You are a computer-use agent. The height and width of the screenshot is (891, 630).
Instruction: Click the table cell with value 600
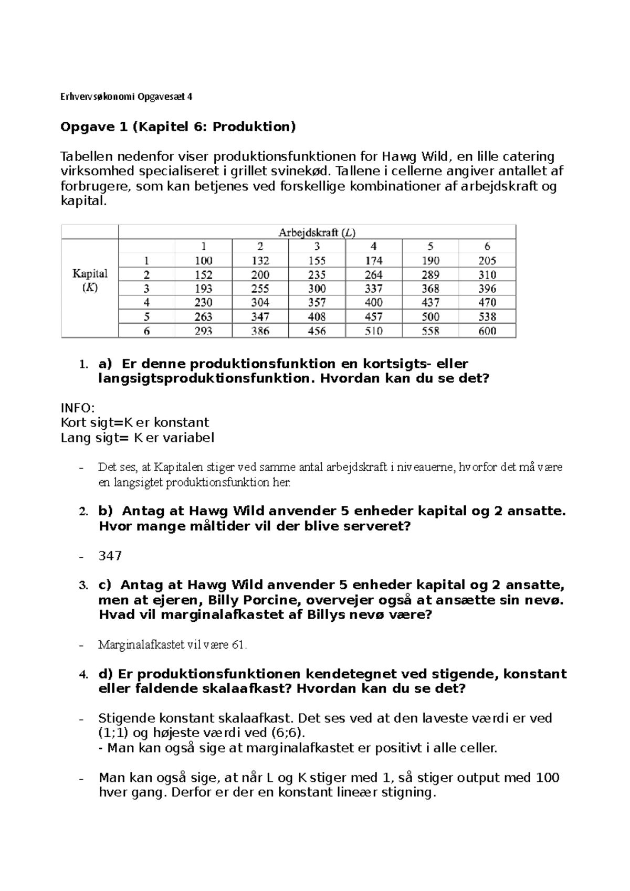(x=487, y=331)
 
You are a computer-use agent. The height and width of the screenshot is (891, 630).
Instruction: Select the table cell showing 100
(x=203, y=261)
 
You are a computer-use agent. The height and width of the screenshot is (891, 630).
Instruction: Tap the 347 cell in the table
(x=260, y=317)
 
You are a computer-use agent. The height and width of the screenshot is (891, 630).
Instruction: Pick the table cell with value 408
(x=317, y=317)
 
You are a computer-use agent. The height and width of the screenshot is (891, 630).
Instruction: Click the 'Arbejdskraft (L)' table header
(x=317, y=232)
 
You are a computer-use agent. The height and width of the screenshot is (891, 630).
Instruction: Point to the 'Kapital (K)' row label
(x=90, y=280)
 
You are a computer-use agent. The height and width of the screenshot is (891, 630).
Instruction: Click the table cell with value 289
(x=430, y=275)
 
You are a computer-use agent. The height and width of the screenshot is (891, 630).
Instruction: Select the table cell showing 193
(x=203, y=289)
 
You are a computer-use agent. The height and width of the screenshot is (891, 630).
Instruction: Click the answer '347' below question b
(x=110, y=556)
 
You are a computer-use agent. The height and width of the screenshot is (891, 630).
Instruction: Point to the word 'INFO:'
(x=77, y=408)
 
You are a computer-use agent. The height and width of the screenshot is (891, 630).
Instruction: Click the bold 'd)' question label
(x=106, y=674)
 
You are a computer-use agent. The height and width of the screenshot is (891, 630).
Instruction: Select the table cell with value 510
(x=373, y=331)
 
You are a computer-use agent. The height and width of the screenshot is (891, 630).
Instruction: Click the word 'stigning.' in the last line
(x=410, y=792)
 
